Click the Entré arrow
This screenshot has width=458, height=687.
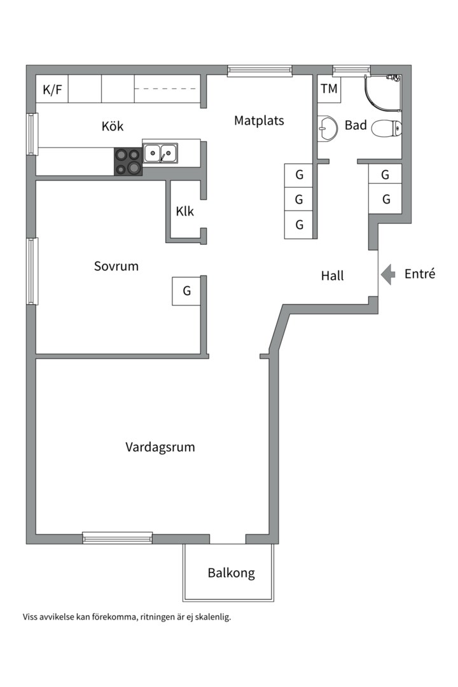pyautogui.click(x=387, y=275)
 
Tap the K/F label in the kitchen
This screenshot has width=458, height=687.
pyautogui.click(x=52, y=90)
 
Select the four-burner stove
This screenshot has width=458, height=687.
pyautogui.click(x=128, y=162)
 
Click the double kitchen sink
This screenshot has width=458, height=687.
pyautogui.click(x=160, y=153)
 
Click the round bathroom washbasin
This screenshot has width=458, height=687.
pyautogui.click(x=328, y=129)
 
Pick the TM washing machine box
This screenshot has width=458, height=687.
pyautogui.click(x=329, y=89)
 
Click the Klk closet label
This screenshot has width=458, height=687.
pyautogui.click(x=184, y=212)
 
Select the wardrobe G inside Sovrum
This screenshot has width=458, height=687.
pyautogui.click(x=187, y=291)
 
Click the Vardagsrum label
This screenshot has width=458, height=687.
pyautogui.click(x=160, y=447)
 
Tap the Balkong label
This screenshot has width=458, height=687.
pyautogui.click(x=231, y=573)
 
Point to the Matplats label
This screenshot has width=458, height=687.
pyautogui.click(x=259, y=120)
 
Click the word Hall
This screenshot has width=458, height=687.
pyautogui.click(x=332, y=275)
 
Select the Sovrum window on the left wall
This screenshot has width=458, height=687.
pyautogui.click(x=32, y=271)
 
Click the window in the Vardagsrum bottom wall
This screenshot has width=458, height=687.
pyautogui.click(x=118, y=538)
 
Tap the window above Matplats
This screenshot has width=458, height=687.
pyautogui.click(x=260, y=71)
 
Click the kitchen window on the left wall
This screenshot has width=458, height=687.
pyautogui.click(x=32, y=134)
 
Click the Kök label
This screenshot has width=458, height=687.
pyautogui.click(x=113, y=126)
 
